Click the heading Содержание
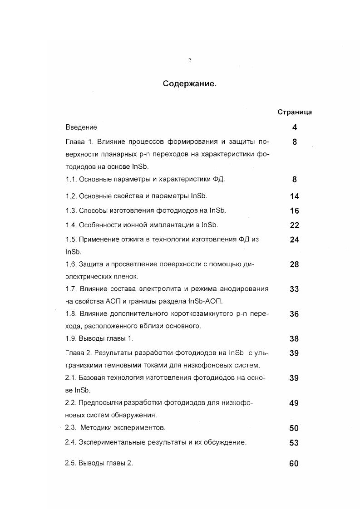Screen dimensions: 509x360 tap(190, 84)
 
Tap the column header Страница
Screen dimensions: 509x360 tap(295, 112)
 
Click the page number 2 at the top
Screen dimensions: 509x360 tap(190, 61)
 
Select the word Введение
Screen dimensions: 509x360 tap(81, 127)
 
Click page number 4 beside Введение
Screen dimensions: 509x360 tap(295, 128)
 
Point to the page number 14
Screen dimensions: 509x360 tap(294, 196)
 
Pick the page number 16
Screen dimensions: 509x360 tap(294, 211)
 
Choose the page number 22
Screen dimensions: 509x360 tap(294, 225)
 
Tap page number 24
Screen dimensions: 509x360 tap(294, 240)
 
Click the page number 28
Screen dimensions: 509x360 tap(294, 264)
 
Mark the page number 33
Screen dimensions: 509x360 tap(294, 289)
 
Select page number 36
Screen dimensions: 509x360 tap(294, 314)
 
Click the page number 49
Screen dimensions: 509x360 tap(294, 403)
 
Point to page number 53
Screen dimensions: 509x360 tap(294, 443)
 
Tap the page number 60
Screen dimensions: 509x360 tap(294, 464)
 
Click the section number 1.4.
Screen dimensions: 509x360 tap(71, 225)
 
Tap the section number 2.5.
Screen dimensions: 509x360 tap(71, 463)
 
